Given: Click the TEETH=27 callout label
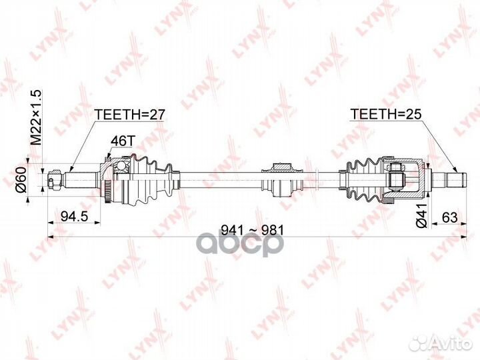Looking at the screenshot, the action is click(x=130, y=115).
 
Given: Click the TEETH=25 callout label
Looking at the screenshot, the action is click(x=386, y=114).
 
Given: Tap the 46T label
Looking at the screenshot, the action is click(x=123, y=141).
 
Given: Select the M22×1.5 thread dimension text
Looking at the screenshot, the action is click(x=36, y=117).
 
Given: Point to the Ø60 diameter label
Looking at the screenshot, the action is click(x=21, y=180).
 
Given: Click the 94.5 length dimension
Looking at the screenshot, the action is click(x=75, y=217).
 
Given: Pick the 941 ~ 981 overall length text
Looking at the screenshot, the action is click(x=253, y=230).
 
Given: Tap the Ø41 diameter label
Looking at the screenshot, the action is click(x=422, y=215).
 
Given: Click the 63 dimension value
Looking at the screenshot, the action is click(x=450, y=217).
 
